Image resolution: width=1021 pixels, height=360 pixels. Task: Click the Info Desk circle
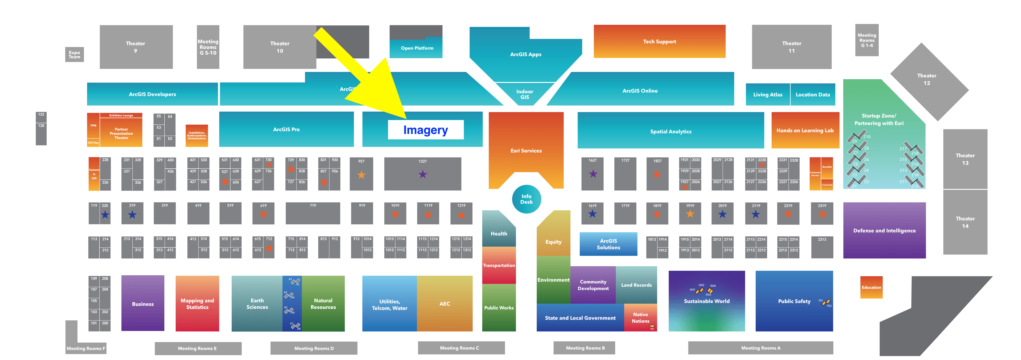point(526,199)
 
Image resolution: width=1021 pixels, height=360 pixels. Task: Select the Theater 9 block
point(136,47)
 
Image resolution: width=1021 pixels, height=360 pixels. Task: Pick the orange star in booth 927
point(361,175)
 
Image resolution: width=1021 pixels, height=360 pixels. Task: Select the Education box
point(871,287)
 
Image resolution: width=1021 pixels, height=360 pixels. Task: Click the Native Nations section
point(640,318)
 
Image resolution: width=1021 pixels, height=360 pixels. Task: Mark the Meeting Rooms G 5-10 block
point(208,47)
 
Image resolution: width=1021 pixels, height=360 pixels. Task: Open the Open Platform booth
point(417,48)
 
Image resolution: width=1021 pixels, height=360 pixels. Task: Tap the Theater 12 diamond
point(927,79)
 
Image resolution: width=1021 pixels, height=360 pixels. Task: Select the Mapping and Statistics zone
point(197,304)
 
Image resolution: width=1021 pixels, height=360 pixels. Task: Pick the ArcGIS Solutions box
point(608,244)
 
